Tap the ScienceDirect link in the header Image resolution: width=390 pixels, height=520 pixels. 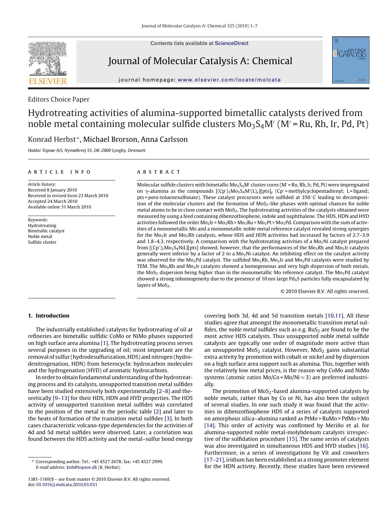231,43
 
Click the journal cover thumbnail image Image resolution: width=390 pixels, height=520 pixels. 351,60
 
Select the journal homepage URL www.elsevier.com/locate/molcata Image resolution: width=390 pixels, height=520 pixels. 229,80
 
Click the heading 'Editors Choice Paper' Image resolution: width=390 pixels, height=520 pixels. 58,99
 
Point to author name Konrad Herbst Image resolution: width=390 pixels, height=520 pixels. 52,139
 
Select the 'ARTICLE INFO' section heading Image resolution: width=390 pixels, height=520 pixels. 59,172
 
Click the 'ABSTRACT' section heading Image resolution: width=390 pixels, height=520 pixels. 159,172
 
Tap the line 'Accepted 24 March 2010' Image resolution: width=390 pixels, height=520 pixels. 52,201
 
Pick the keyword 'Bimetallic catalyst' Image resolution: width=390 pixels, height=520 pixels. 46,231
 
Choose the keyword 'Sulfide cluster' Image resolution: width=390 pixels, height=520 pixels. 42,242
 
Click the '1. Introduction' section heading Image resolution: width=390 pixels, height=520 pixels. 49,316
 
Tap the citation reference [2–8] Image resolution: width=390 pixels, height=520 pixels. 163,391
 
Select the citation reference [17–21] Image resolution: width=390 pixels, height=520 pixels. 214,460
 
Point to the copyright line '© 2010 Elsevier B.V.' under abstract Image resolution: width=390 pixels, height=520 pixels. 324,291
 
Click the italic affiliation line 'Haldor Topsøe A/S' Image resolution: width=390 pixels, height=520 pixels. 86,151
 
